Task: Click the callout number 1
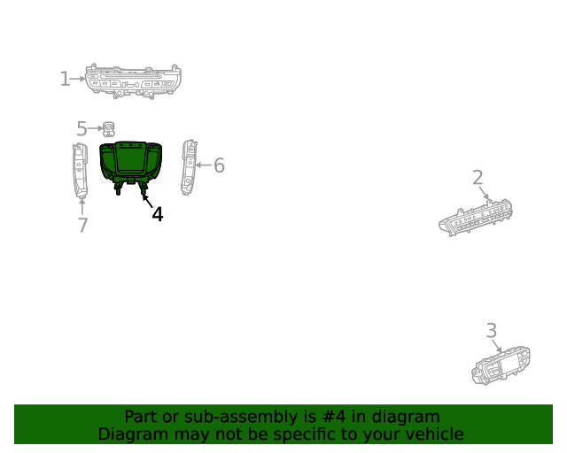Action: coord(65,79)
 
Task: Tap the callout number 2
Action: coord(478,178)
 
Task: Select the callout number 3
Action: coord(492,331)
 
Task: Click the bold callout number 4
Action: coord(158,214)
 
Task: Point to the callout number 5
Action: coord(82,129)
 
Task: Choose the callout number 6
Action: coord(219,165)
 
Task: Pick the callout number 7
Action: coord(82,225)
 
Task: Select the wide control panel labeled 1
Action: coord(133,81)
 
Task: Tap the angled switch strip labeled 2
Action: coord(476,218)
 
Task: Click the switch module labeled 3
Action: coord(501,365)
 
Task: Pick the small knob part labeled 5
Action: coord(108,129)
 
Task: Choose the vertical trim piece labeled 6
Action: coord(189,167)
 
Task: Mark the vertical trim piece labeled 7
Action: coord(81,171)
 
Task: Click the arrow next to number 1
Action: coord(77,79)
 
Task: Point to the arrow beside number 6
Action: coord(204,165)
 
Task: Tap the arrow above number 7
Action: coord(82,207)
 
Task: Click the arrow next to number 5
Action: coord(95,128)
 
